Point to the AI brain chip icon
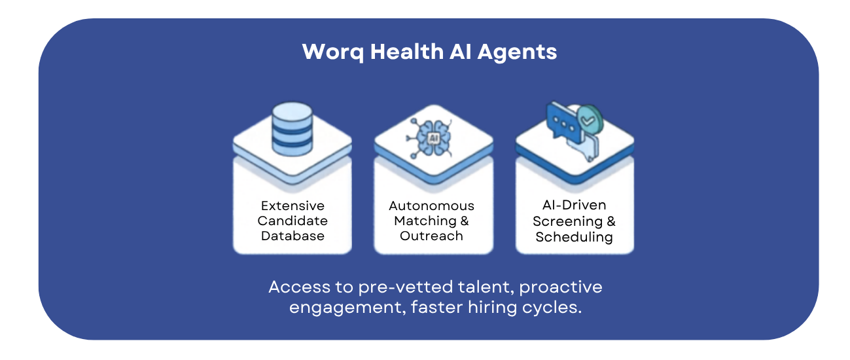click(433, 138)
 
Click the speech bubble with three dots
click(563, 123)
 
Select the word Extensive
click(292, 206)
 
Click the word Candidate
click(292, 221)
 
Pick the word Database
click(292, 236)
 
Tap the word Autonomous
click(432, 206)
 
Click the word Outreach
click(432, 236)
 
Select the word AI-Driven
click(575, 206)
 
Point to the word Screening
click(565, 221)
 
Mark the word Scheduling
click(575, 237)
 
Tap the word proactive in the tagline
click(561, 287)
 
